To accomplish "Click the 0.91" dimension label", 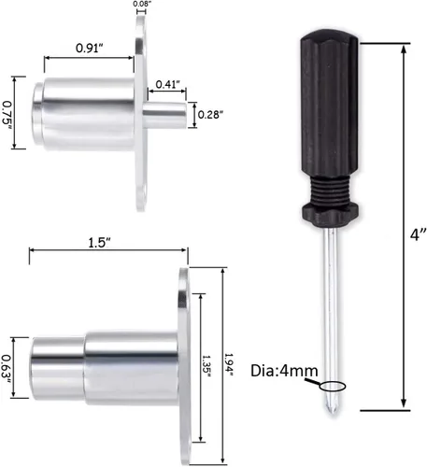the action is (89, 48).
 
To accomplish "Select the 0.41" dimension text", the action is (167, 84).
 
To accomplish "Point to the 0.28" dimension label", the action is (210, 115).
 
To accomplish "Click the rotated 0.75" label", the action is (7, 113).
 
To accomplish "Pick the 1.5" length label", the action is (99, 243).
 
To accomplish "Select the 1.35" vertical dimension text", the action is (206, 366).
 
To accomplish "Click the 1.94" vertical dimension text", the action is (229, 364).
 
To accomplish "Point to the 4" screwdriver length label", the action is (418, 234).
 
